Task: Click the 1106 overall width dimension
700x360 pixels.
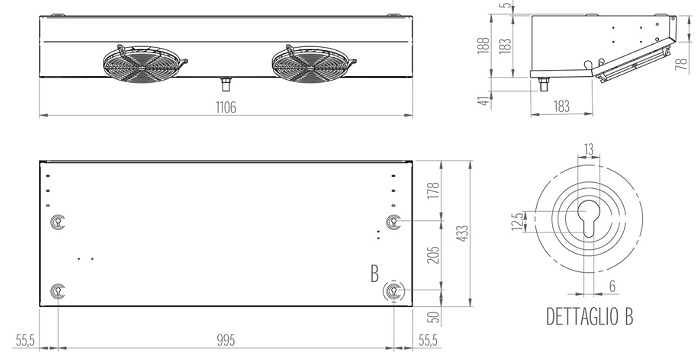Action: click(226, 108)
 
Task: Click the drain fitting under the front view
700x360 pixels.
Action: click(226, 84)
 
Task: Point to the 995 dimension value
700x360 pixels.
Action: click(226, 340)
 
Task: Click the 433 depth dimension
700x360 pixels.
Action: click(463, 233)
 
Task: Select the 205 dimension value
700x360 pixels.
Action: click(433, 255)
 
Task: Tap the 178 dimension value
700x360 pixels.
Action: click(433, 191)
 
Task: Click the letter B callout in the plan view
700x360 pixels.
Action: click(375, 274)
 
